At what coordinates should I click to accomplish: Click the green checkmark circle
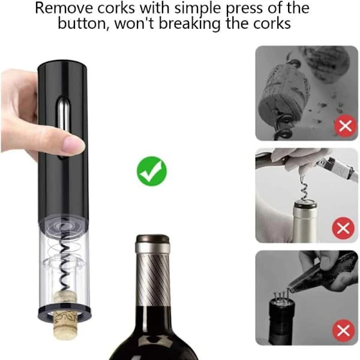[152, 171]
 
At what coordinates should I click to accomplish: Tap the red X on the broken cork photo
[345, 126]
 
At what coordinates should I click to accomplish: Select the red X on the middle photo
[343, 228]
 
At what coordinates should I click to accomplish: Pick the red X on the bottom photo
[343, 331]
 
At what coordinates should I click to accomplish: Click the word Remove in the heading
[64, 8]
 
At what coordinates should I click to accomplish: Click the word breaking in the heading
[190, 23]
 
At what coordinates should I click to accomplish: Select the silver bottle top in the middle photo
[305, 221]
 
